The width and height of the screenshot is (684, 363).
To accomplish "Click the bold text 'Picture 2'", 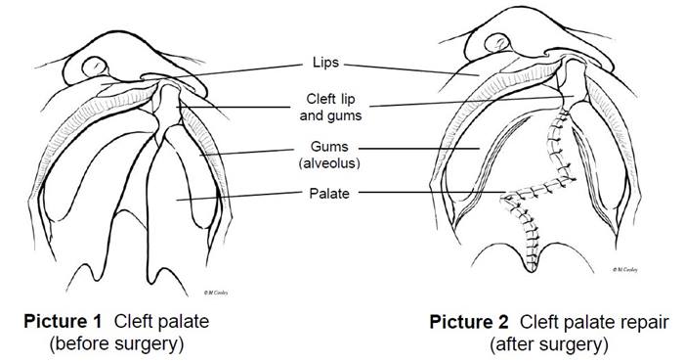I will [x=466, y=320].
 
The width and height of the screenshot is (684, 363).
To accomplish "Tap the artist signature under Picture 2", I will [x=625, y=266].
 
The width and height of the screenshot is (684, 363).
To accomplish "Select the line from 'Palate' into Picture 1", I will [x=244, y=197].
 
